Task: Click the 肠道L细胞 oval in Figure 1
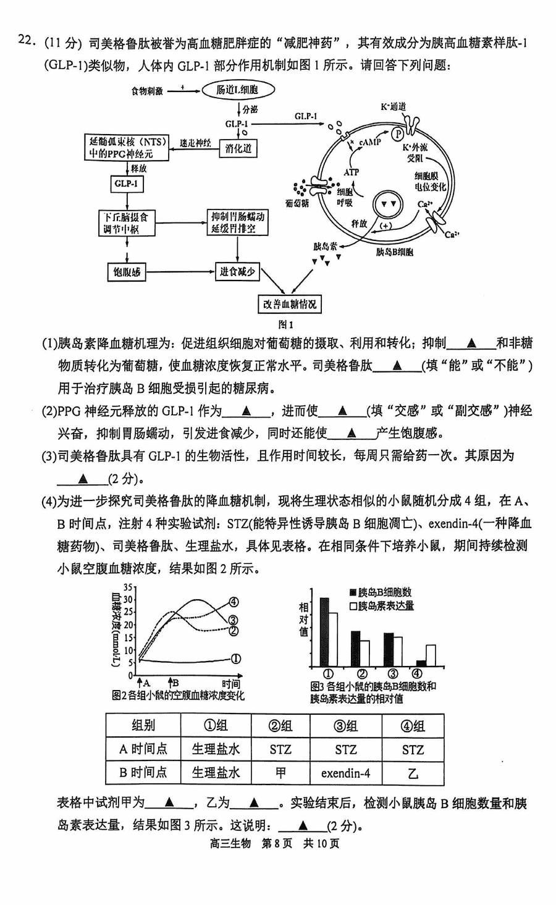coord(237,90)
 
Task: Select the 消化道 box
coord(238,148)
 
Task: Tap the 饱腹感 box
coord(127,272)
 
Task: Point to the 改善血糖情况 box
coord(290,304)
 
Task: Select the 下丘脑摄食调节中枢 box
coord(126,223)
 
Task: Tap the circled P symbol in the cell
coord(398,133)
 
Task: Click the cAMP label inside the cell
coord(369,142)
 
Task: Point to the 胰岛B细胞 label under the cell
coord(394,252)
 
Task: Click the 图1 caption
coord(285,324)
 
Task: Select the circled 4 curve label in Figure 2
coord(234,602)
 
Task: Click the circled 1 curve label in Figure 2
coord(236,659)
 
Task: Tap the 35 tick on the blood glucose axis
coord(128,587)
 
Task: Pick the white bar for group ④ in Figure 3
coord(431,655)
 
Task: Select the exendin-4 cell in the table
coord(345,773)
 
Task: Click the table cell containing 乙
coord(413,773)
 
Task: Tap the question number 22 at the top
coord(25,41)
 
